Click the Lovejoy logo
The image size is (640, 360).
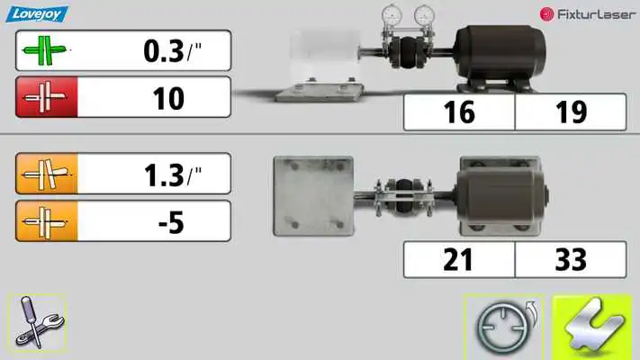click(x=37, y=14)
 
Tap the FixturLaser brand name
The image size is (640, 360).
click(x=596, y=14)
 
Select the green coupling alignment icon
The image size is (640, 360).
click(x=44, y=50)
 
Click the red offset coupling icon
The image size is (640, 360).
click(x=46, y=97)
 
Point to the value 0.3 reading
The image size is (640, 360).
click(x=164, y=51)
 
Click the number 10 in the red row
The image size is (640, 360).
click(x=168, y=98)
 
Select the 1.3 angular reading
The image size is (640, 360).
click(x=164, y=175)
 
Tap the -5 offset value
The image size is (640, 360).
click(x=171, y=222)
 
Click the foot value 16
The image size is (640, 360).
click(x=459, y=112)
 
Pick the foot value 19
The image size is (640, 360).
click(x=571, y=112)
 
